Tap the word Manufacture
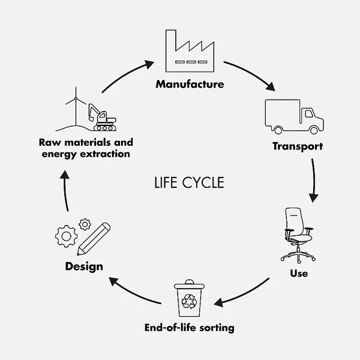coord(190,84)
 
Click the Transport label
coord(298,146)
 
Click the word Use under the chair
coord(298,274)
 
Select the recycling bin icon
coord(190,299)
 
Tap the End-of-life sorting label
coord(190,328)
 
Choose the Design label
coord(84,266)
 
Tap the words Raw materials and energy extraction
coord(86,148)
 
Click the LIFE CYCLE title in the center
coord(189,182)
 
